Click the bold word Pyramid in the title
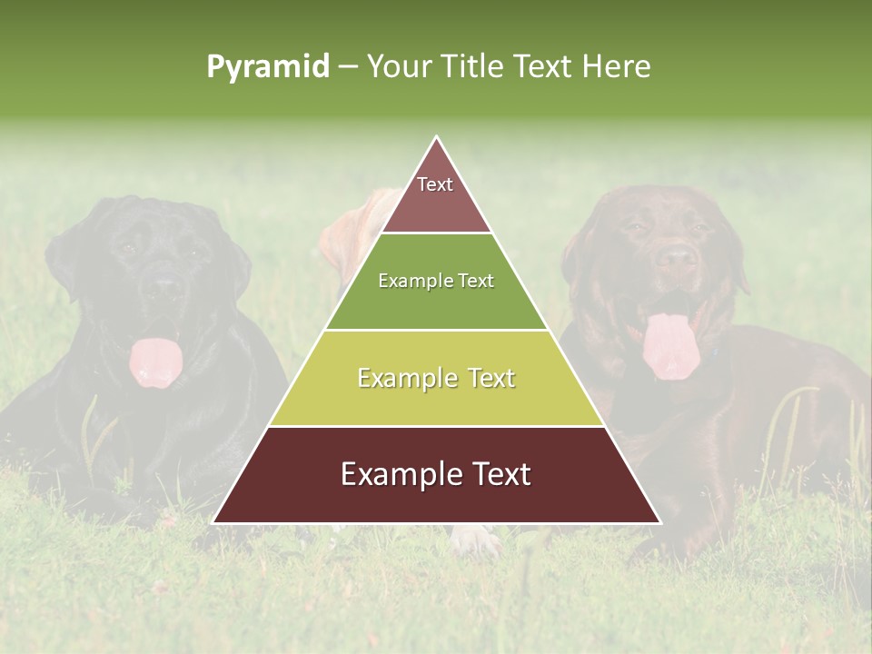(x=267, y=67)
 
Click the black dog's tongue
(x=155, y=362)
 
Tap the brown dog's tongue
(x=669, y=345)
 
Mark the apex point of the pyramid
(x=437, y=137)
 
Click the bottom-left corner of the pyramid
(x=213, y=522)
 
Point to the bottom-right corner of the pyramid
(x=659, y=522)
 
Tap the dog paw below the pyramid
(x=477, y=540)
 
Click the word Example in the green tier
(x=407, y=282)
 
